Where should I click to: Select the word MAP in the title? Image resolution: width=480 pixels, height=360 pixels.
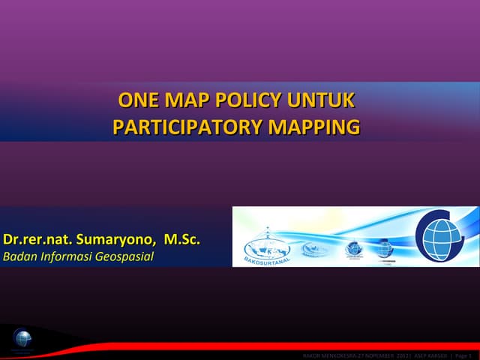click(188, 100)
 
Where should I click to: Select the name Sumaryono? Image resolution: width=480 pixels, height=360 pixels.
click(115, 240)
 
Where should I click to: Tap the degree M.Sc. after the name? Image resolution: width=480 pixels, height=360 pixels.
click(182, 240)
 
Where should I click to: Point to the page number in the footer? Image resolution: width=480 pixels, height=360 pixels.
click(464, 355)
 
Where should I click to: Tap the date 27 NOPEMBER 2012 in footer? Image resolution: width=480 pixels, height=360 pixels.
click(382, 355)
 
